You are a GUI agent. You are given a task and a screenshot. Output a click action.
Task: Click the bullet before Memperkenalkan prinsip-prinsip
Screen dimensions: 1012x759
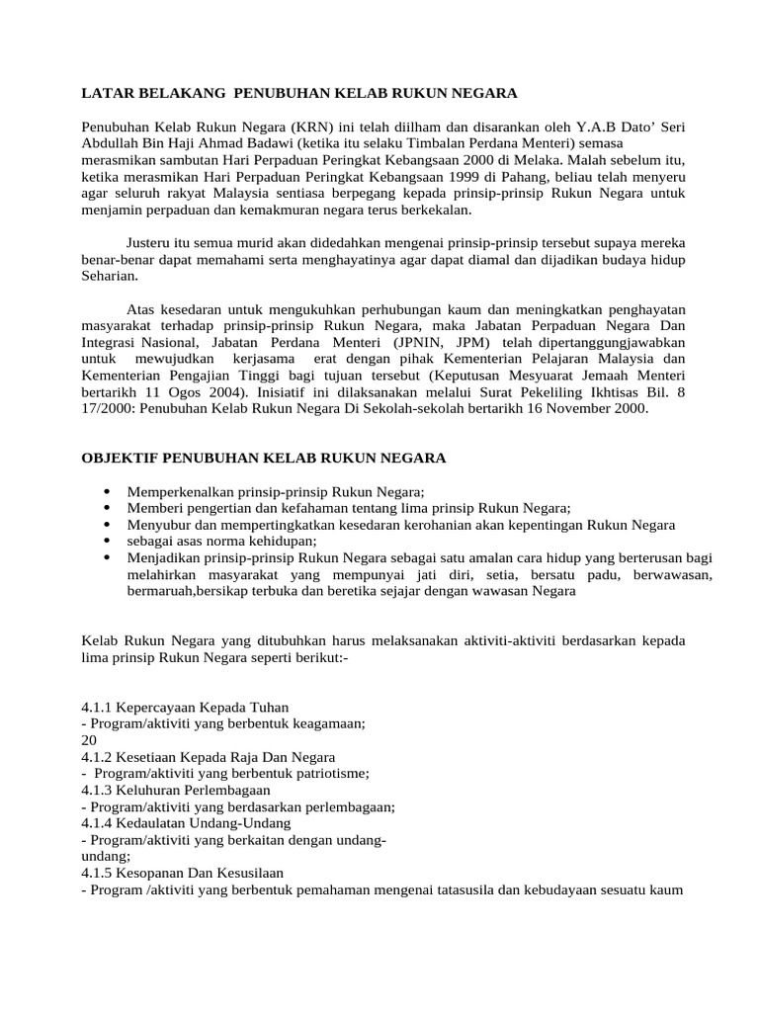click(106, 492)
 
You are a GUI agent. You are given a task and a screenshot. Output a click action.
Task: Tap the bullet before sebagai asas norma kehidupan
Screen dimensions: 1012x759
click(106, 542)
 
